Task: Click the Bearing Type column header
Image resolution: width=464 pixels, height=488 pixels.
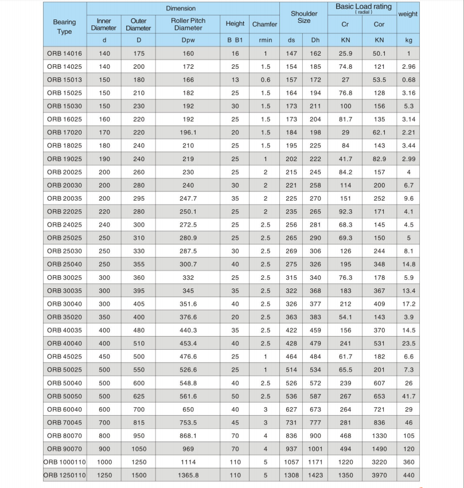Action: click(x=64, y=26)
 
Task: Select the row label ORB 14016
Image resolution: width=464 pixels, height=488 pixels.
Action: click(x=64, y=53)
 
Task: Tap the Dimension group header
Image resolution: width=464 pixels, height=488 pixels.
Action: click(x=181, y=9)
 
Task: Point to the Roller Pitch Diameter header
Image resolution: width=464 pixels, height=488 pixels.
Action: click(x=188, y=24)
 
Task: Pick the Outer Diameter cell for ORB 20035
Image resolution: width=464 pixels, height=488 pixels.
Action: click(x=138, y=198)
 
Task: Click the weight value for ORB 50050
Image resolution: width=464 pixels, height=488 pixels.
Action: click(x=408, y=396)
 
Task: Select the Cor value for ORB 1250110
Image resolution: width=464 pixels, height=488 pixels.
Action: click(x=379, y=475)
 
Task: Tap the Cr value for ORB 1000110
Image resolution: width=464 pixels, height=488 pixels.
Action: click(x=345, y=462)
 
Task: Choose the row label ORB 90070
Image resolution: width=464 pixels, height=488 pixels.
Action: click(x=64, y=449)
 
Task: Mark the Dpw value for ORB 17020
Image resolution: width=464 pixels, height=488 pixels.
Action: click(x=188, y=132)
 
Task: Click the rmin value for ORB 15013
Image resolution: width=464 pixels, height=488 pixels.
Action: click(x=266, y=80)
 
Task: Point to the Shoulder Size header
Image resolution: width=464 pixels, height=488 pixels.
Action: click(x=304, y=17)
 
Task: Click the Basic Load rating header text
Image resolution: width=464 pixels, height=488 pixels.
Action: click(x=364, y=7)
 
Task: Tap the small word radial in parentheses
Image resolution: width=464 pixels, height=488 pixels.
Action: click(x=364, y=12)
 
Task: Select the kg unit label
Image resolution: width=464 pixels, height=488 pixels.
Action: click(x=408, y=40)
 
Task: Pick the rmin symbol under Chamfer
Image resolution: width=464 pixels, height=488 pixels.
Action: click(x=266, y=40)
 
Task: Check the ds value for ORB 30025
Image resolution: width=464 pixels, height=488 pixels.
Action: click(x=292, y=278)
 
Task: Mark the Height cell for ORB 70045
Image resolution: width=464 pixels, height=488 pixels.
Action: click(x=235, y=423)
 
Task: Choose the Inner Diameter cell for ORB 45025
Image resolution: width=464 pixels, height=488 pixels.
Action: click(x=104, y=357)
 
